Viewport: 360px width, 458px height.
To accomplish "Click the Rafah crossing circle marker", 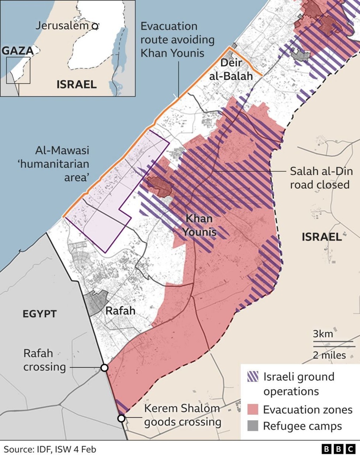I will [x=104, y=368].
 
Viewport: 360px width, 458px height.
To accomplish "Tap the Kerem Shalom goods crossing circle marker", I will [x=121, y=418].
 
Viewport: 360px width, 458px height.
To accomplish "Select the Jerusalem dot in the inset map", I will [x=94, y=26].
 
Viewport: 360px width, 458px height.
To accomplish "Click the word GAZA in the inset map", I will [x=17, y=51].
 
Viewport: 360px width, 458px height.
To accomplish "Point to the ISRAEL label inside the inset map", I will [x=77, y=84].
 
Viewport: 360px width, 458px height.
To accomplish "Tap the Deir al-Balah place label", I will [x=231, y=69].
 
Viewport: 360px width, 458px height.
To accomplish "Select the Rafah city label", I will [x=120, y=311].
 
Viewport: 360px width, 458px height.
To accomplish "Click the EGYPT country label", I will [x=40, y=314].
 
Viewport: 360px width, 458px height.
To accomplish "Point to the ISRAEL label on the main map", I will [x=322, y=237].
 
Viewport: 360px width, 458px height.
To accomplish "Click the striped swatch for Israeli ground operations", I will [x=253, y=377].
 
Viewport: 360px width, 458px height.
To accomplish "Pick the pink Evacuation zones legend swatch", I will [x=253, y=409].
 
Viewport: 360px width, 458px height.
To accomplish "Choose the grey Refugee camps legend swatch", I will [x=253, y=426].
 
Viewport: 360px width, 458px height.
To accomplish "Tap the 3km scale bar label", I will [x=323, y=334].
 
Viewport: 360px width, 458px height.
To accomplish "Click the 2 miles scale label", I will [x=329, y=355].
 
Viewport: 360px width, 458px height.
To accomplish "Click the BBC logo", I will [x=338, y=449].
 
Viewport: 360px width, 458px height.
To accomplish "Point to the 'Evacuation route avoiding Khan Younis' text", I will [x=177, y=40].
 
